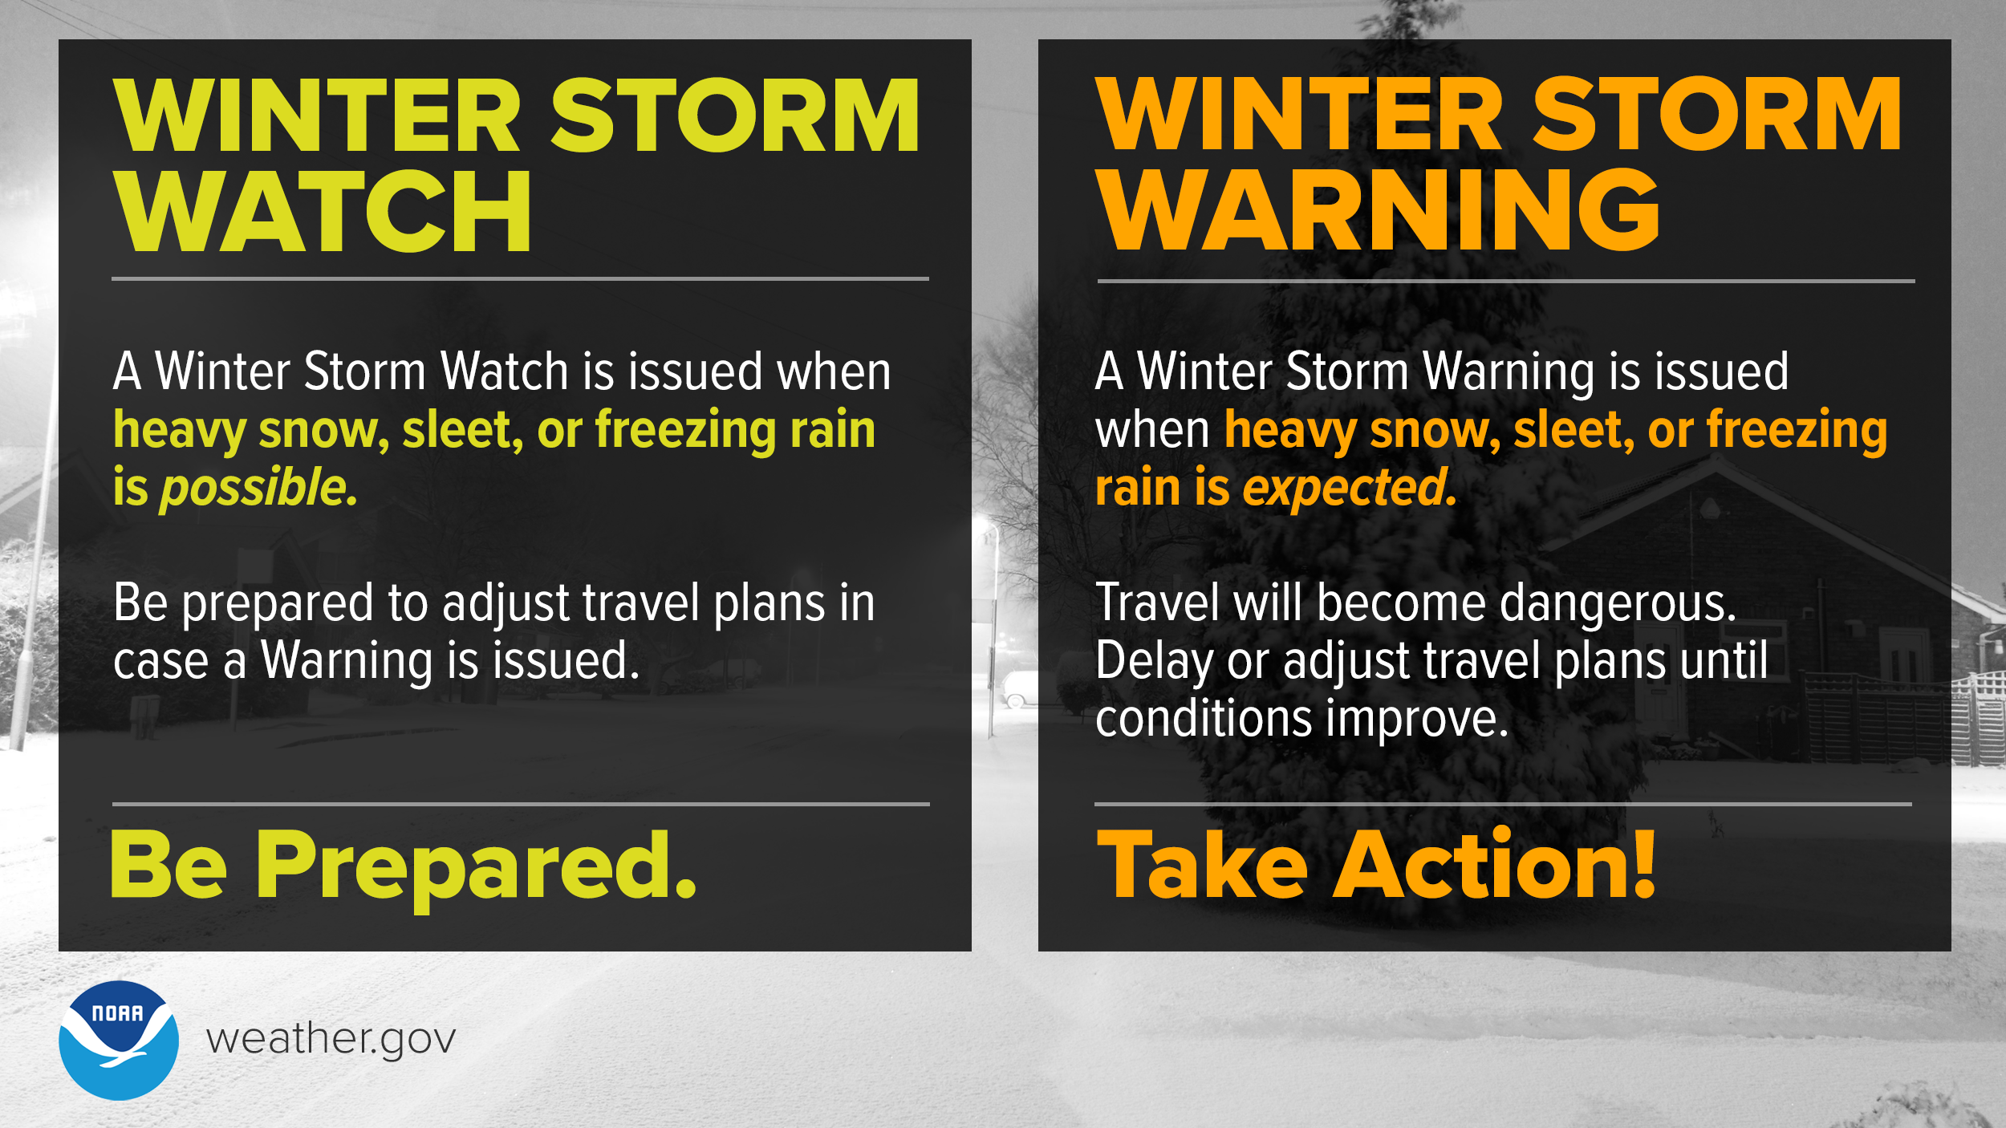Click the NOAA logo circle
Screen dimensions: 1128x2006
tap(119, 1040)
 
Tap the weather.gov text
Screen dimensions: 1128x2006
tap(331, 1040)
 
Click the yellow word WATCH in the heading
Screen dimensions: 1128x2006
tap(323, 212)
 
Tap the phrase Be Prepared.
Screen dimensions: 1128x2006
tap(403, 866)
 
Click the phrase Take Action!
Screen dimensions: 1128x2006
tap(1375, 866)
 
